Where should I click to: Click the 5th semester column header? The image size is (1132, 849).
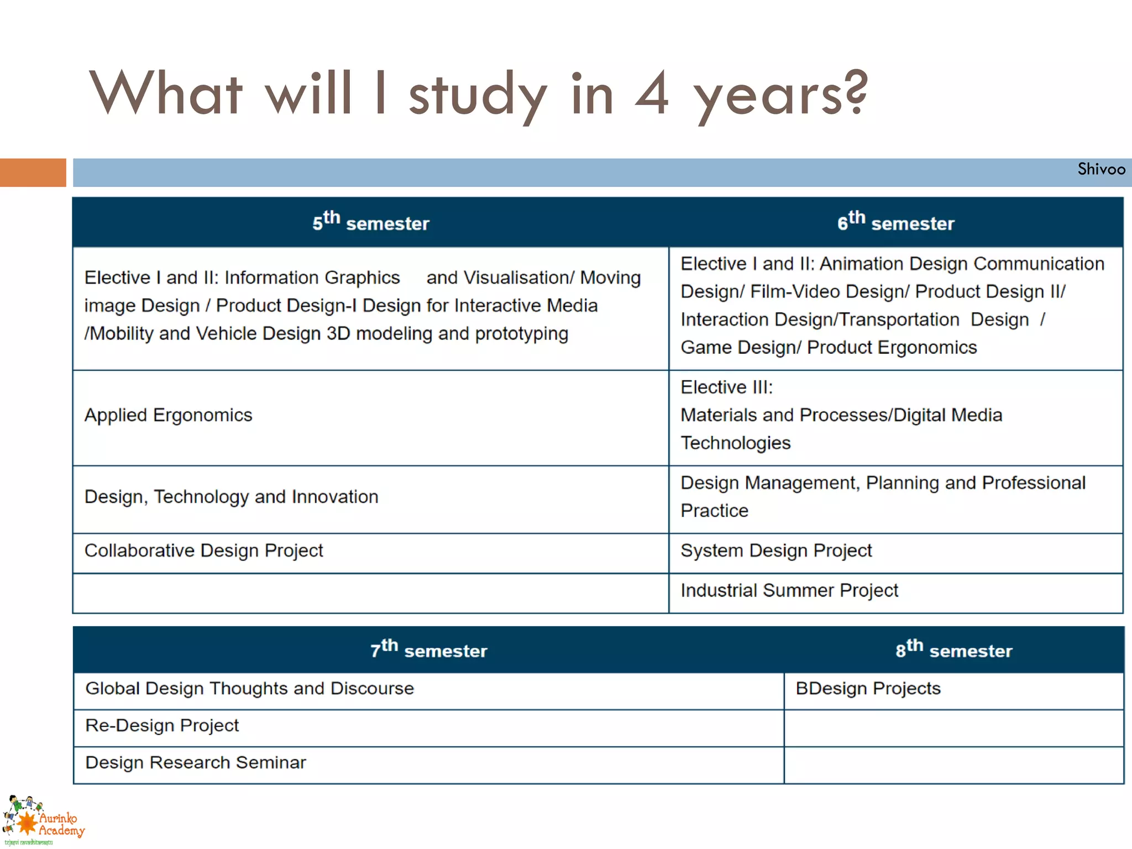coord(370,222)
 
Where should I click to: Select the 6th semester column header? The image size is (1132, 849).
coord(895,222)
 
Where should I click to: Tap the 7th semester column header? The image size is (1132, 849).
coord(429,649)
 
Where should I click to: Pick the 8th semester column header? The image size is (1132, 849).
coord(954,649)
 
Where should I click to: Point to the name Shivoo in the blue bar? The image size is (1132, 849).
coord(1101,169)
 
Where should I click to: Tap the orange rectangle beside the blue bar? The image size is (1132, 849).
coord(33,172)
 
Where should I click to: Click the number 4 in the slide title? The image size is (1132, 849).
coord(652,94)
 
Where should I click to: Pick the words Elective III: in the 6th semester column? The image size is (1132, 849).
coord(726,387)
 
